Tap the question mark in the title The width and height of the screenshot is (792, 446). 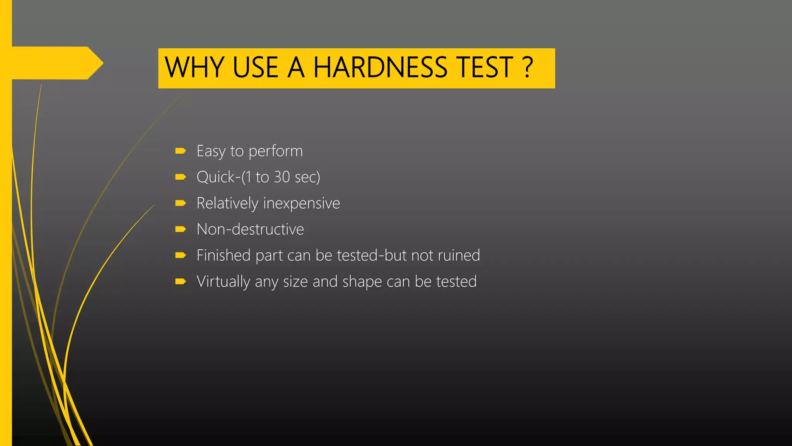pyautogui.click(x=527, y=68)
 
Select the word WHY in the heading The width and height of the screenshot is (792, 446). pyautogui.click(x=194, y=68)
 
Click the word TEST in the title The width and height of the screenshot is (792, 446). pyautogui.click(x=485, y=68)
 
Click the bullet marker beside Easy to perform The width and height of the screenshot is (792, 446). pyautogui.click(x=180, y=151)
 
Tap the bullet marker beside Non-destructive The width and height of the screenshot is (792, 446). pyautogui.click(x=180, y=229)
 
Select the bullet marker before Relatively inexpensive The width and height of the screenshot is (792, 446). pyautogui.click(x=180, y=203)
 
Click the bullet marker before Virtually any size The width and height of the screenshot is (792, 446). pyautogui.click(x=180, y=281)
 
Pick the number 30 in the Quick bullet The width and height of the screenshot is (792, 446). pyautogui.click(x=282, y=177)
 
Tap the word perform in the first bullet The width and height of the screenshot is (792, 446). pyautogui.click(x=276, y=151)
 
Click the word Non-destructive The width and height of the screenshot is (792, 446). pyautogui.click(x=250, y=229)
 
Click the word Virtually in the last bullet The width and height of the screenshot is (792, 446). pyautogui.click(x=223, y=282)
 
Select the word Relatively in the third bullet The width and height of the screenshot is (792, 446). pyautogui.click(x=227, y=203)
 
